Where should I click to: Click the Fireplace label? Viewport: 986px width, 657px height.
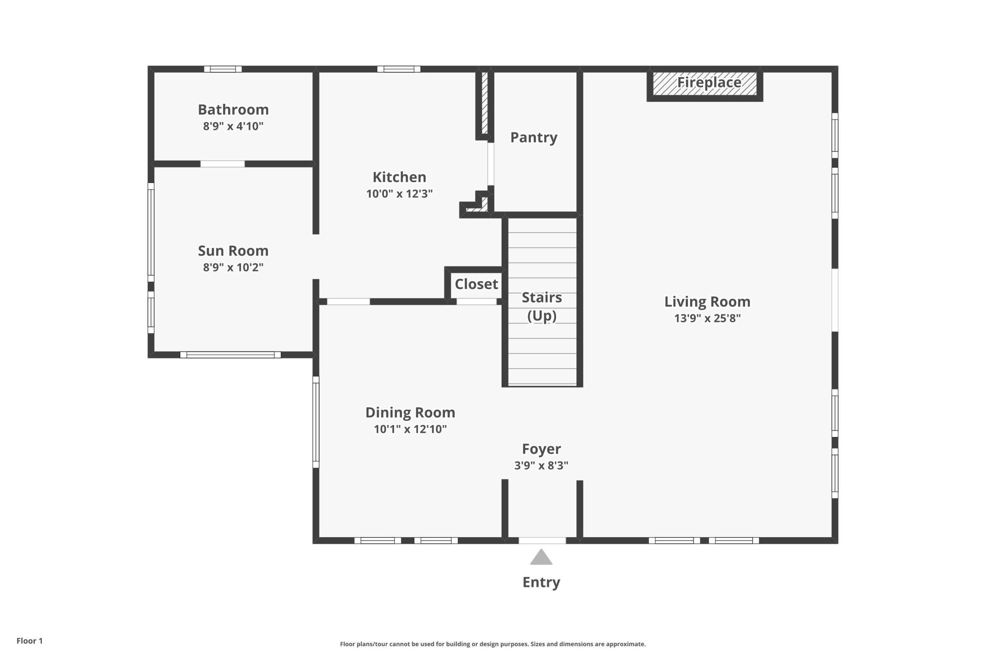[x=709, y=82]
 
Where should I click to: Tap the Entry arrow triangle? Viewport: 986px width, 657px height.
[x=541, y=557]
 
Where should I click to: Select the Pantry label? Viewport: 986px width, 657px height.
[x=533, y=137]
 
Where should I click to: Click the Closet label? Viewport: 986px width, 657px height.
[x=476, y=284]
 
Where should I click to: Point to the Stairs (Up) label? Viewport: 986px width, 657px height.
[x=542, y=307]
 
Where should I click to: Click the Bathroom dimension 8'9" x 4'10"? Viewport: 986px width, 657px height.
[x=233, y=126]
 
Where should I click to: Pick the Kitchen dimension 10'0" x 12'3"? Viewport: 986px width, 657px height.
[x=399, y=193]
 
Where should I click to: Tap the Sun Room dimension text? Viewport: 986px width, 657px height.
[x=233, y=267]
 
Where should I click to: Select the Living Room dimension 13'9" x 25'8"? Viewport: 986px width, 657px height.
[x=707, y=318]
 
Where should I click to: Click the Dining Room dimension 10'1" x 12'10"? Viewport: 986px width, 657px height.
[x=410, y=429]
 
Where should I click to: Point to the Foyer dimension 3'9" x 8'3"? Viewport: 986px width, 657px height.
[x=541, y=465]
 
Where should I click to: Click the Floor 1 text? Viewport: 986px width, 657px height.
[x=29, y=641]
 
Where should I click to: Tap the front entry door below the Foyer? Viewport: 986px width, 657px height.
[x=542, y=540]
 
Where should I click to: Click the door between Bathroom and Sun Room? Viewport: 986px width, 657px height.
[x=222, y=164]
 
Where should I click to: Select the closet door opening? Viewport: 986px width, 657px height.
[x=476, y=301]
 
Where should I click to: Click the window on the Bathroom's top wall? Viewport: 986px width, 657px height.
[x=223, y=69]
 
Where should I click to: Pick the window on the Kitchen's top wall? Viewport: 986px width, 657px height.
[x=399, y=69]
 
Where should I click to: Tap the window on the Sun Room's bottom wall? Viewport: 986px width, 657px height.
[x=230, y=355]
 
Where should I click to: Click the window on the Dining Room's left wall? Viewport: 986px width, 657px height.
[x=316, y=422]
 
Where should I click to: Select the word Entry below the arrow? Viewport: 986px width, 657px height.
[x=541, y=582]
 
